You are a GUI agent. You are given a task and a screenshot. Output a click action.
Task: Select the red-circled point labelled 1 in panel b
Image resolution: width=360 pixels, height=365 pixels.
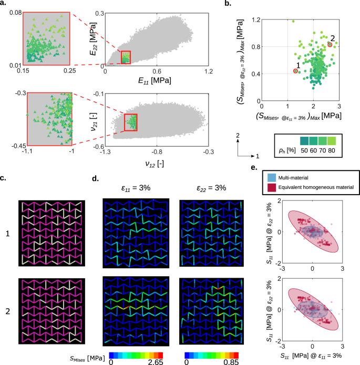point(295,70)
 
